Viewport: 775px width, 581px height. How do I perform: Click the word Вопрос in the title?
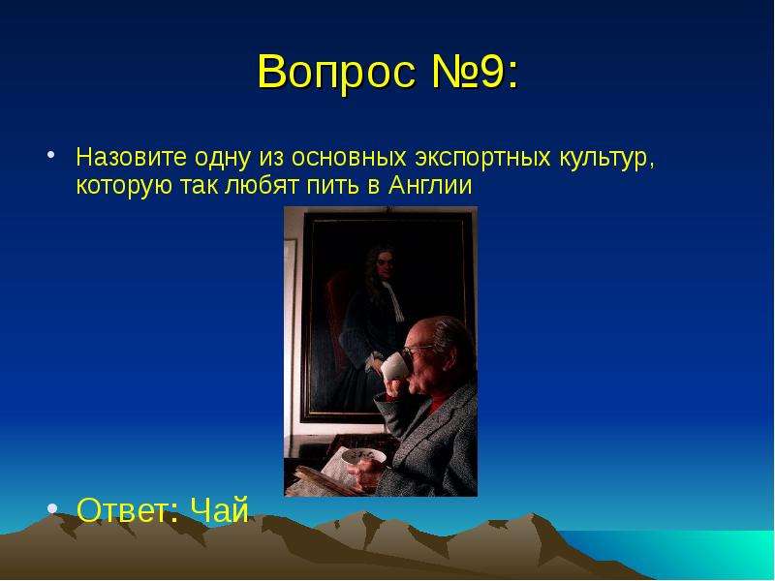tap(336, 72)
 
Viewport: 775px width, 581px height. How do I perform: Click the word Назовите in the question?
tap(132, 157)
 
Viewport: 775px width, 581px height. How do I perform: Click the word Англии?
tap(430, 186)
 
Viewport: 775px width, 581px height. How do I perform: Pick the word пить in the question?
tap(332, 186)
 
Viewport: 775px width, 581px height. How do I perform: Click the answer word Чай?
tap(219, 510)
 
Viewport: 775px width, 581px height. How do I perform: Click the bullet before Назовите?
tap(50, 155)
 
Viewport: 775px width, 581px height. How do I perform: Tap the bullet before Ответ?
tap(52, 507)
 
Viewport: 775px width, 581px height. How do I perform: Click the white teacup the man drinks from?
tap(394, 367)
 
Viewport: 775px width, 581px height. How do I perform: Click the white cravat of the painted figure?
tap(394, 300)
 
